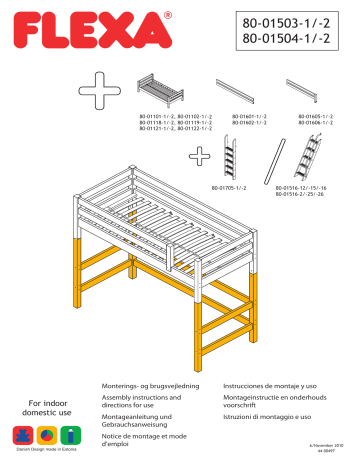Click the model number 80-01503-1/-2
point(293,23)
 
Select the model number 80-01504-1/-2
point(293,41)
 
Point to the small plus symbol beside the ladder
point(200,155)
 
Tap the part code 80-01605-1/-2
point(316,116)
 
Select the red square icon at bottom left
point(23,435)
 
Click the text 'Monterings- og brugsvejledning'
point(147,386)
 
